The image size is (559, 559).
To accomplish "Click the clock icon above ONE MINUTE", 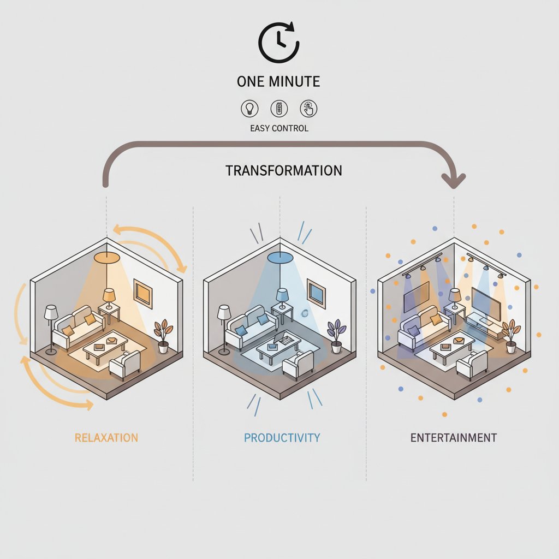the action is [278, 43].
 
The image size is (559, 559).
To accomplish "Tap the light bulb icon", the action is [249, 109].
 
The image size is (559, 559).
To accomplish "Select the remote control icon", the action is [279, 109].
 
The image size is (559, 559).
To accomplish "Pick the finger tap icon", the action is [308, 109].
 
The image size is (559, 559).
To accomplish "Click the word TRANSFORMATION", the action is [283, 170].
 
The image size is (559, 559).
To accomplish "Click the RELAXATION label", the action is [106, 437].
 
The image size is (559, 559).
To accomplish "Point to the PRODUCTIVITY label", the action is [282, 437].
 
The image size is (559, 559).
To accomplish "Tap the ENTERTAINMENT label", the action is [454, 437].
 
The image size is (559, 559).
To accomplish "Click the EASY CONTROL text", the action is [279, 128].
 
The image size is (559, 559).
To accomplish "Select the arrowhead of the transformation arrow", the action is [454, 181].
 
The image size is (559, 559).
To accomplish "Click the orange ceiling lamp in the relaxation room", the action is [106, 257].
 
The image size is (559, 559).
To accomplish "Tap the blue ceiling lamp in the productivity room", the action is [280, 257].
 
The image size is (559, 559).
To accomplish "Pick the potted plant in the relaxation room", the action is [163, 336].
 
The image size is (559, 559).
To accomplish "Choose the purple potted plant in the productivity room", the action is [336, 336].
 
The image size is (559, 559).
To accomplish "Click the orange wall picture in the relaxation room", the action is [143, 294].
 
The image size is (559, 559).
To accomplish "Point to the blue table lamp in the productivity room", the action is [282, 299].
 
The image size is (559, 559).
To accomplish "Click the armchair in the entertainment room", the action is [472, 365].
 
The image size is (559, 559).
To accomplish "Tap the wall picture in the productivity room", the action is [316, 294].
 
